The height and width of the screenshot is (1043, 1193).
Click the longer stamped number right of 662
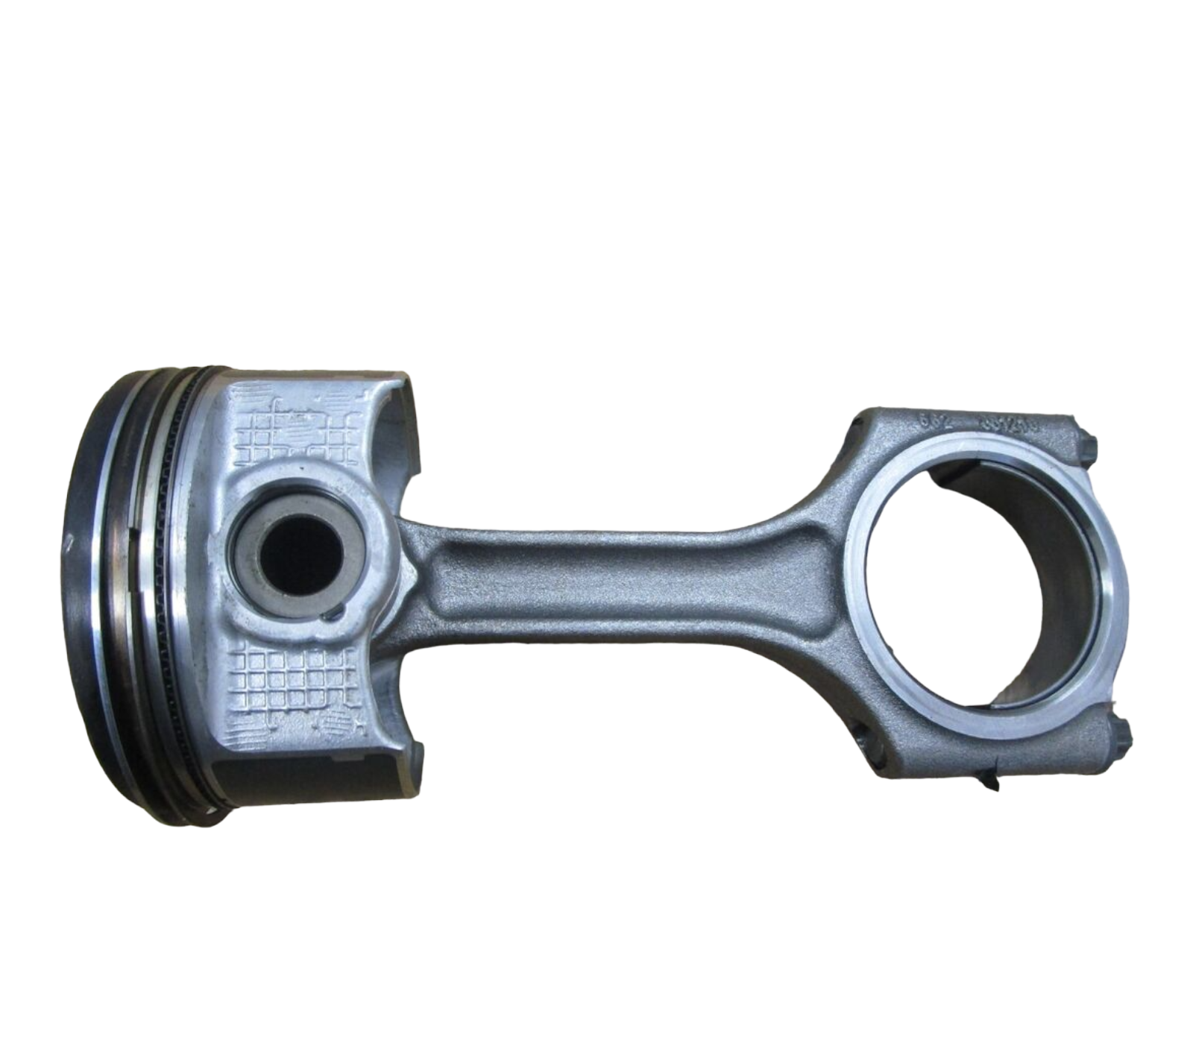(1003, 422)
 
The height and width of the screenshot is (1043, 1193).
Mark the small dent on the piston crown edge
(69, 543)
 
